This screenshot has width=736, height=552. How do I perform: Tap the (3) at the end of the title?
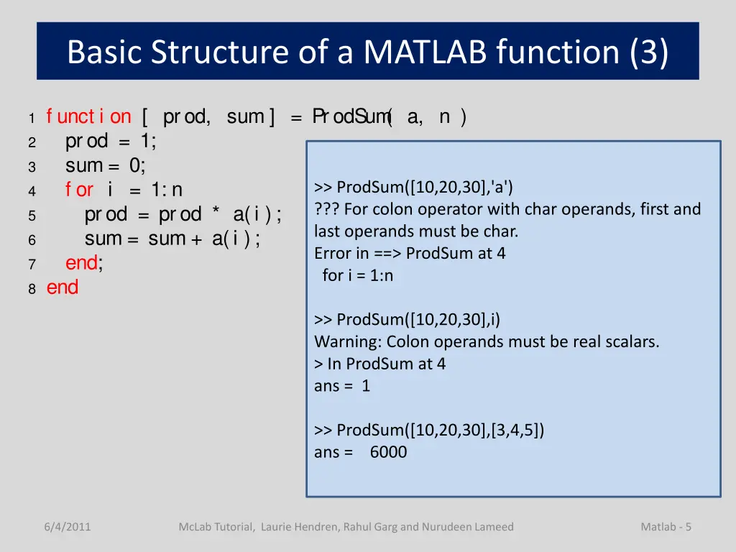point(648,52)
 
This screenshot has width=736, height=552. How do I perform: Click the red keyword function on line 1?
point(88,116)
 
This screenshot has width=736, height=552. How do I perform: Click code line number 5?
point(32,216)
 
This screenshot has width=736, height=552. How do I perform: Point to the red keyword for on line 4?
point(79,190)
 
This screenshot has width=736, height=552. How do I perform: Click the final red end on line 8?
point(63,287)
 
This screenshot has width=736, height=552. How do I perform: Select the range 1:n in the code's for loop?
point(167,190)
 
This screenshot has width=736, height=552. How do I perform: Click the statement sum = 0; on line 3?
point(106,165)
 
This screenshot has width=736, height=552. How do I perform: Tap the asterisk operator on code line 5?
point(216,215)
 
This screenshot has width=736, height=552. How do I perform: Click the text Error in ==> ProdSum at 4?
point(410,253)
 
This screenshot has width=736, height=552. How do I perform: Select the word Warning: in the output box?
point(345,341)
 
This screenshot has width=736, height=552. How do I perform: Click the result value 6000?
point(388,452)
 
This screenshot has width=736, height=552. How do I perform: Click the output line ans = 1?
point(342,386)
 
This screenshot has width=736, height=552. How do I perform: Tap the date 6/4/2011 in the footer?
point(67,527)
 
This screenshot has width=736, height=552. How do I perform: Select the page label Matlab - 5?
point(666,527)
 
